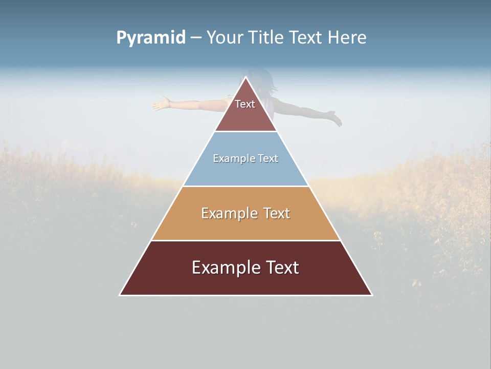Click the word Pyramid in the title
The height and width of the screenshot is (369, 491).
[151, 37]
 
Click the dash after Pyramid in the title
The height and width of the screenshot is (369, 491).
[196, 38]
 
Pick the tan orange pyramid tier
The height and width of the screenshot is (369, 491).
[245, 225]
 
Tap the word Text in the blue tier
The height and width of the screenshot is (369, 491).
[269, 159]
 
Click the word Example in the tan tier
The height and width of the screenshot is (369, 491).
[229, 213]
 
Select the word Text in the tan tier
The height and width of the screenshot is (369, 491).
[277, 213]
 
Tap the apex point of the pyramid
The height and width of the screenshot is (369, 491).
[246, 77]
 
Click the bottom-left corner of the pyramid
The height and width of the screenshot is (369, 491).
[120, 295]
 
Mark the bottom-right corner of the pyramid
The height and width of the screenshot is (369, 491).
[371, 295]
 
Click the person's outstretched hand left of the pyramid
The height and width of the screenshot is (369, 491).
[161, 104]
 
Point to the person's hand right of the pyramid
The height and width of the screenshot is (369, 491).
[334, 118]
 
